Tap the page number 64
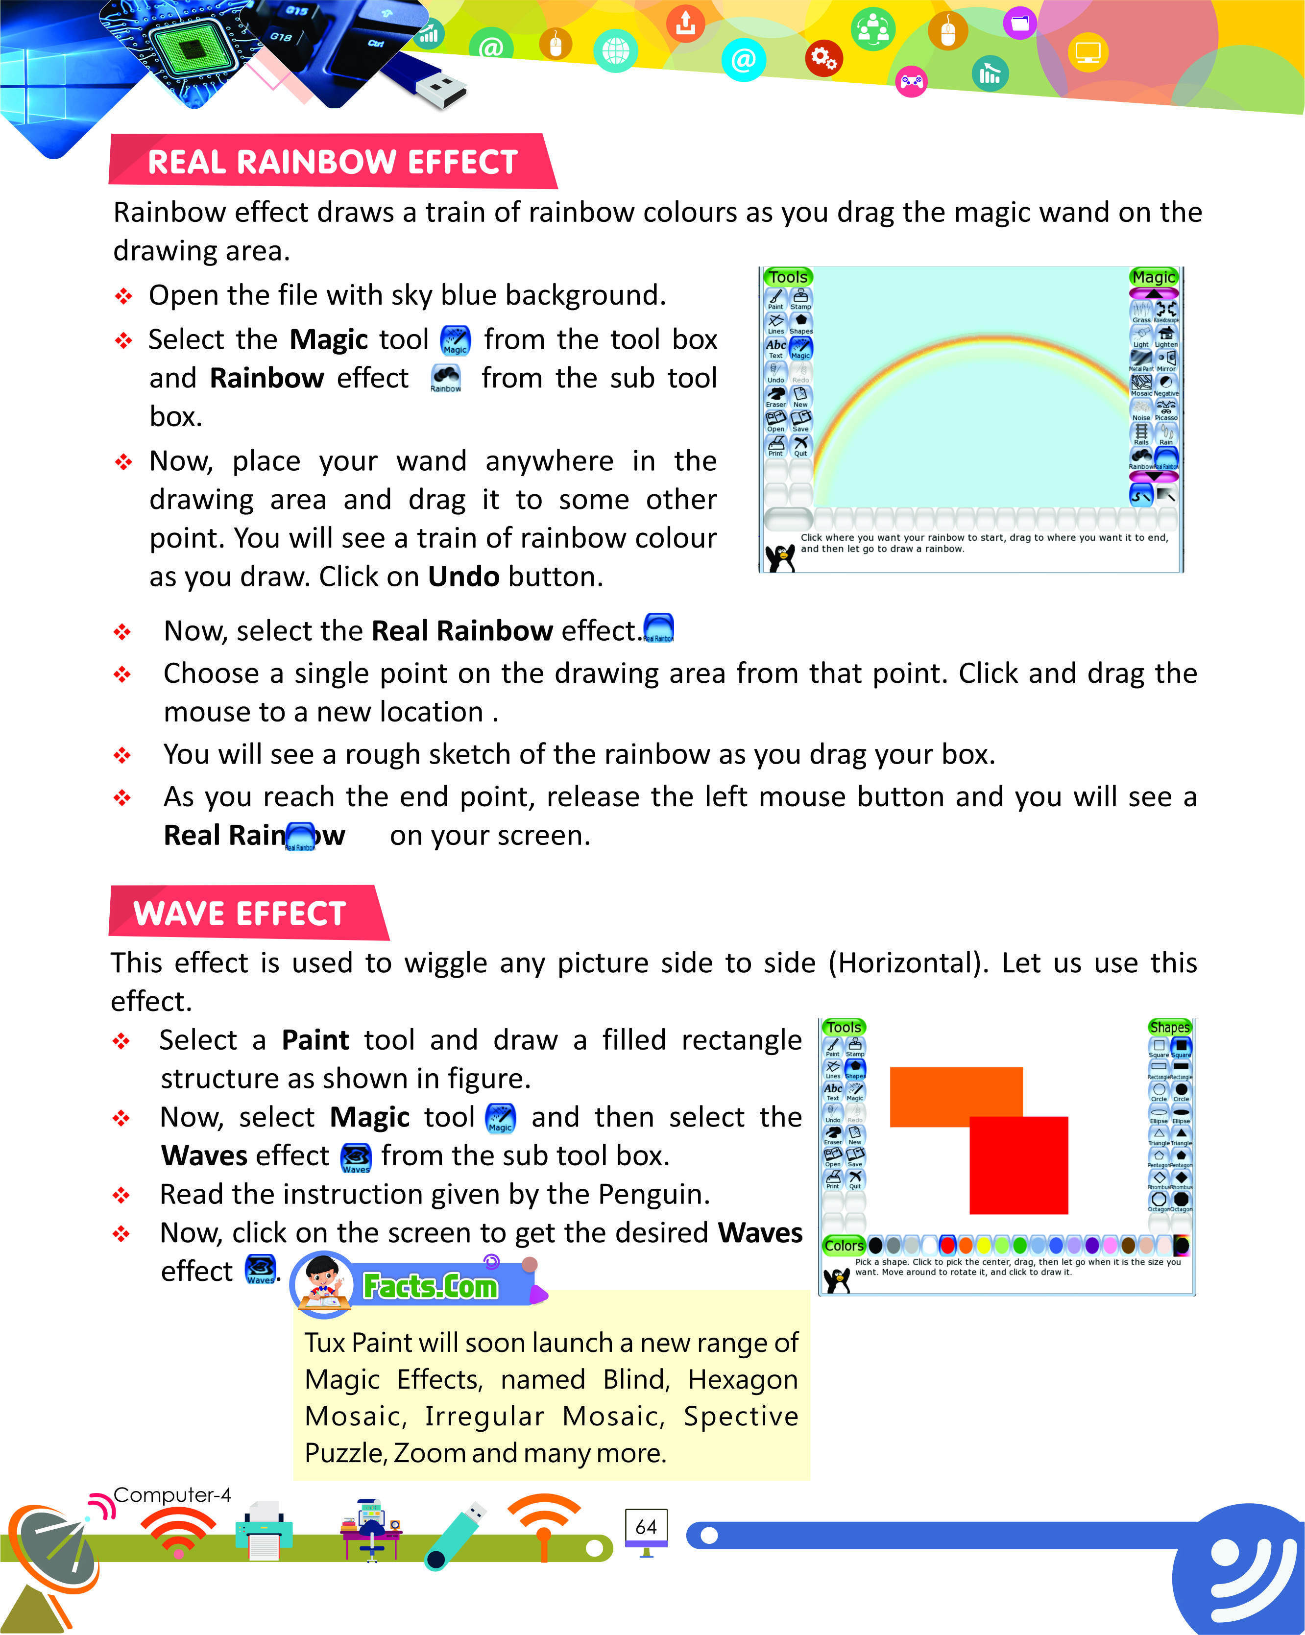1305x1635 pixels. coord(646,1527)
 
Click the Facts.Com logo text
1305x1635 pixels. coord(430,1286)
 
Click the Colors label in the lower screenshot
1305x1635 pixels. coord(844,1245)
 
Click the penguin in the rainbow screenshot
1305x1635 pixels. coord(779,557)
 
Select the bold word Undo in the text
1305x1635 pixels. coord(463,577)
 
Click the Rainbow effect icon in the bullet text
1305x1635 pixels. coord(446,377)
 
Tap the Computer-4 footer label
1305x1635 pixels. coord(171,1495)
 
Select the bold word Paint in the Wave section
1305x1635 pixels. coord(314,1040)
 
